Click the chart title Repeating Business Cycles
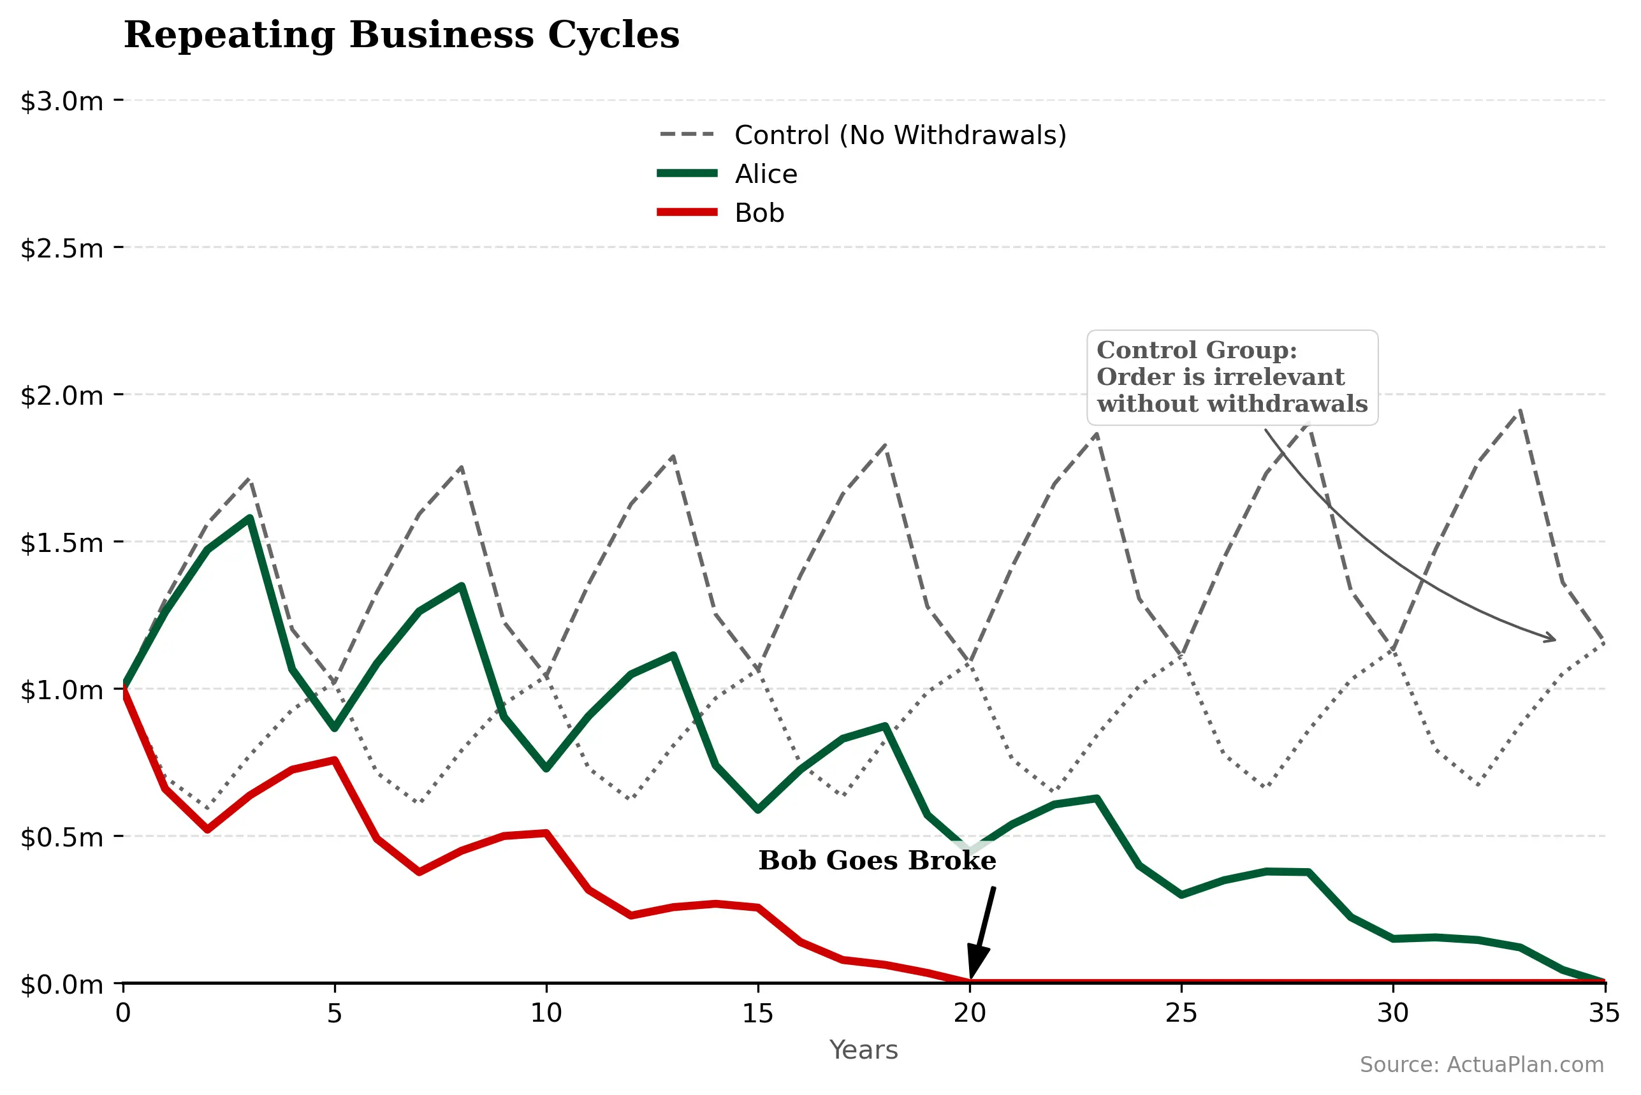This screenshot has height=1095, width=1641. click(x=401, y=35)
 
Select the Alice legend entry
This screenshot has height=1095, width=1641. click(x=764, y=174)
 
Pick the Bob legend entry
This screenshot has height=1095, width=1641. click(x=759, y=213)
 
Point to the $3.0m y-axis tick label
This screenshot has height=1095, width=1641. click(x=61, y=101)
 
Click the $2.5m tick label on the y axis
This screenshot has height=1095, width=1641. click(x=61, y=249)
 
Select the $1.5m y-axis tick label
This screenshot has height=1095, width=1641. click(x=61, y=542)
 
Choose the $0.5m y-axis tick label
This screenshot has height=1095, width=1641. click(x=61, y=838)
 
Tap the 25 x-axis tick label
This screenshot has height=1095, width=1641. click(x=1181, y=1013)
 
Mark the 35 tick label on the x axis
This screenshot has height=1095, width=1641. click(x=1604, y=1013)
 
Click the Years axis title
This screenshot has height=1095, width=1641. click(x=863, y=1050)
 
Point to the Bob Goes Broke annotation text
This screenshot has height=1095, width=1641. click(x=877, y=861)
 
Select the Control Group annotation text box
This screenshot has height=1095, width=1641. click(x=1232, y=378)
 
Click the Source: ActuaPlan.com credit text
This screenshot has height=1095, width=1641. click(x=1481, y=1065)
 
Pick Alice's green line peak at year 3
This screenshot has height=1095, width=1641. click(x=249, y=518)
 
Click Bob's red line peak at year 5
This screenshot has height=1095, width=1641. click(x=335, y=760)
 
